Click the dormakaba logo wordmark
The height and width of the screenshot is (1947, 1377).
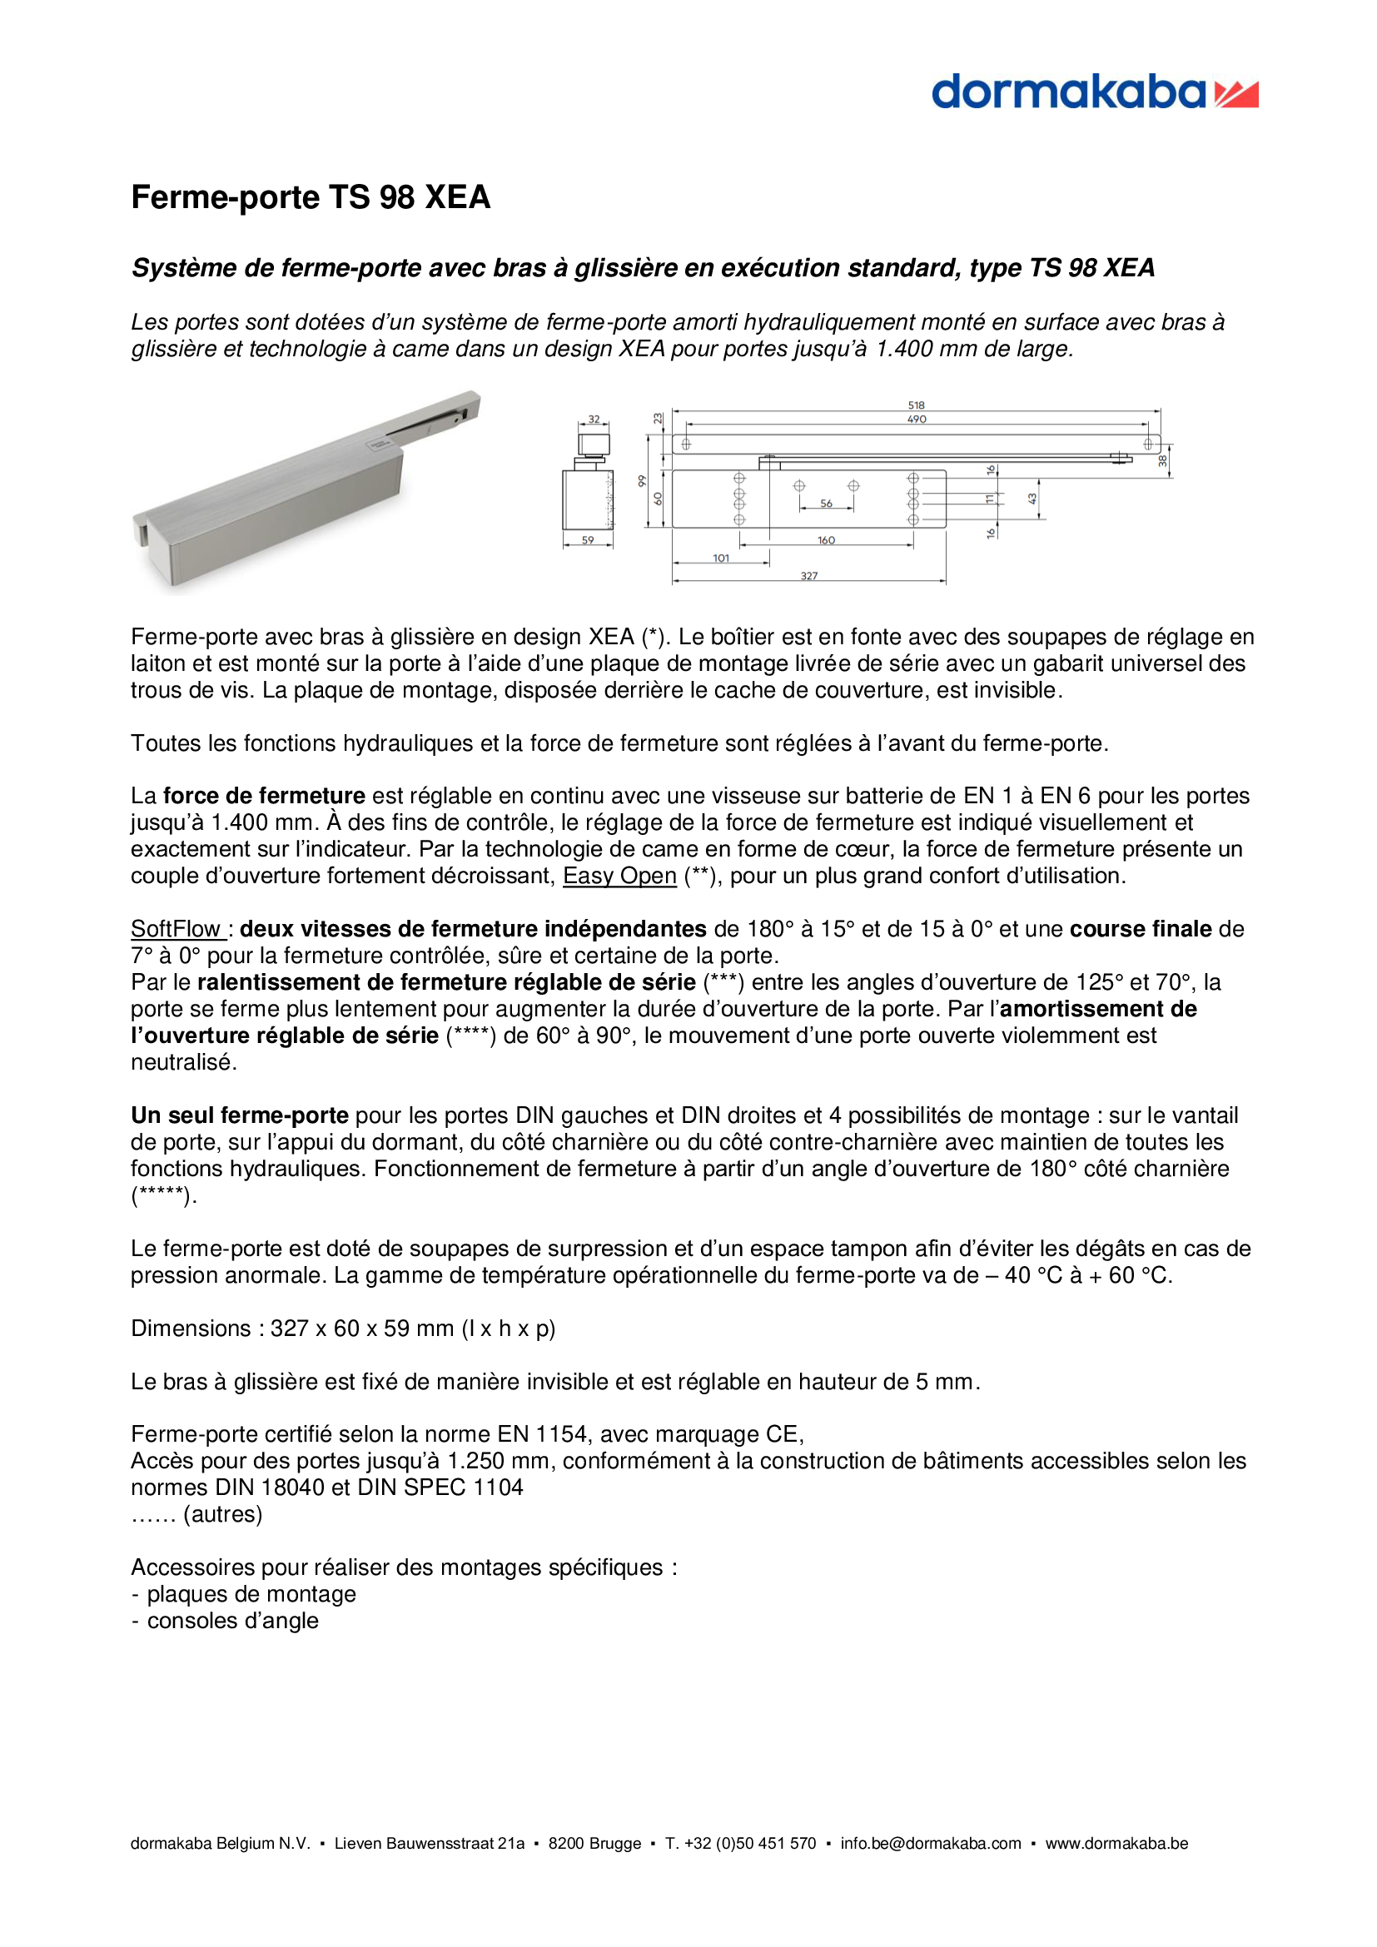pyautogui.click(x=1067, y=92)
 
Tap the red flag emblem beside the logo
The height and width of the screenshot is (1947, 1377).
pyautogui.click(x=1236, y=94)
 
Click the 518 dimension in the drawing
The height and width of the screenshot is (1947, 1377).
pyautogui.click(x=916, y=405)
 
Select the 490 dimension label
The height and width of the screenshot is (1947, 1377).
pyautogui.click(x=917, y=420)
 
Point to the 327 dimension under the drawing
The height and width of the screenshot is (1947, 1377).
pyautogui.click(x=809, y=576)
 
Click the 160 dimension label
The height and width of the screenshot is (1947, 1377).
pyautogui.click(x=826, y=540)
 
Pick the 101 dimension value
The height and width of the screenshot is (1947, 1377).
pyautogui.click(x=721, y=558)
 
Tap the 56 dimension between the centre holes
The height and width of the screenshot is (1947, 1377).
pyautogui.click(x=826, y=504)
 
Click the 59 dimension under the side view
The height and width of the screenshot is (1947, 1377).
pyautogui.click(x=588, y=540)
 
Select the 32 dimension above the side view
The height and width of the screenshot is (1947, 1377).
pyautogui.click(x=594, y=420)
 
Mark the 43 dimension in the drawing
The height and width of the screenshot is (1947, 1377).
pyautogui.click(x=1032, y=499)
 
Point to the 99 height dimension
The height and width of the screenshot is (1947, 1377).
pyautogui.click(x=642, y=481)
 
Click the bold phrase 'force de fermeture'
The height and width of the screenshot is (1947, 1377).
pyautogui.click(x=264, y=797)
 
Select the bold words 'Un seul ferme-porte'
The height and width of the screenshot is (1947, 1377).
pyautogui.click(x=239, y=1115)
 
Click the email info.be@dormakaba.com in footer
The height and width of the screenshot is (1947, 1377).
pyautogui.click(x=930, y=1843)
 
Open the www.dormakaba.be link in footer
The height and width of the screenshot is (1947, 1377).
pyautogui.click(x=1116, y=1843)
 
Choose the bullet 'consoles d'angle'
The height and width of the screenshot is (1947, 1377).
pyautogui.click(x=232, y=1621)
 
